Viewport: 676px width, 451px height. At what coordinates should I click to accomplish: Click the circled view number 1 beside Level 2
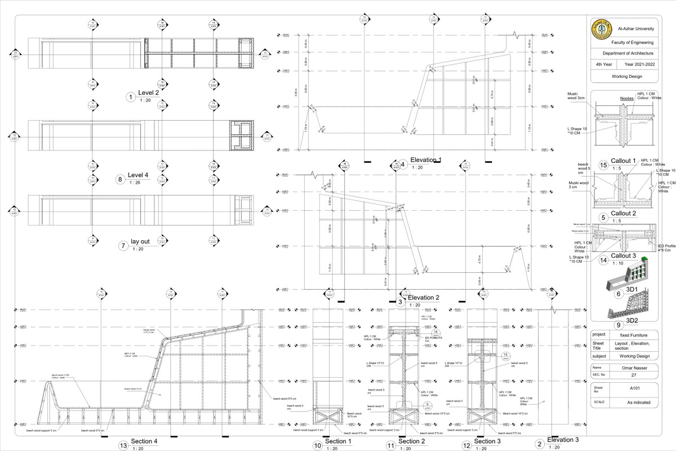tap(131, 98)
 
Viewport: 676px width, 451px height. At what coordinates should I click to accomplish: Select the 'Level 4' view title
tap(137, 175)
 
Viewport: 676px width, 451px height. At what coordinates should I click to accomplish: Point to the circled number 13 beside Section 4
tap(123, 445)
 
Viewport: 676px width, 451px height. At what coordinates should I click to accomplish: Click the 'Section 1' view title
tap(338, 441)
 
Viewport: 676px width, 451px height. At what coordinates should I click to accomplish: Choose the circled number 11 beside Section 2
tap(391, 445)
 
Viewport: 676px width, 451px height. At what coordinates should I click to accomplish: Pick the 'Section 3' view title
tap(487, 441)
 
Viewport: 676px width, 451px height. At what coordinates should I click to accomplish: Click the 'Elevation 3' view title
tap(563, 440)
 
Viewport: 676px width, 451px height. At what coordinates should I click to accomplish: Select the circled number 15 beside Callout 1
tap(603, 165)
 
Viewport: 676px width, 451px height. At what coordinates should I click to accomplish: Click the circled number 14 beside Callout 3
tap(603, 260)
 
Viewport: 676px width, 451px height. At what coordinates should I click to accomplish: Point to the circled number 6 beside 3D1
tap(619, 293)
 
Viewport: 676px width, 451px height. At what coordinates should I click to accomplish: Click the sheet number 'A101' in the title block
tap(632, 388)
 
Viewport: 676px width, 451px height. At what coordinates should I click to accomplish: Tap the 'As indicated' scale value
tap(632, 403)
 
